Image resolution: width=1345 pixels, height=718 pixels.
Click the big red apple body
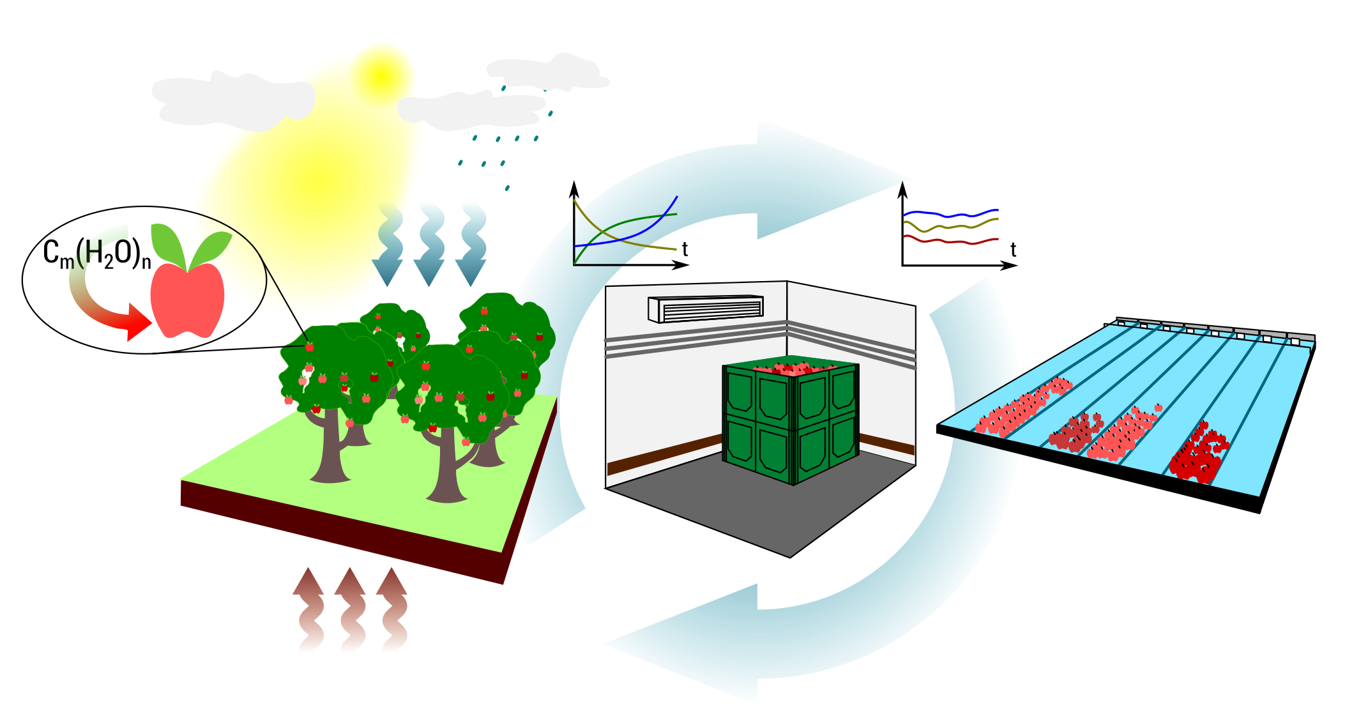tap(187, 300)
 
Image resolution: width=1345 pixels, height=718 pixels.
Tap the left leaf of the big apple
tap(168, 243)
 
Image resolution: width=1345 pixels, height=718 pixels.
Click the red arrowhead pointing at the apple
tap(138, 323)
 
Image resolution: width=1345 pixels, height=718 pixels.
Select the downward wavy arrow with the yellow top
tap(388, 246)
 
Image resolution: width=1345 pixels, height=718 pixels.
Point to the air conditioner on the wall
tap(706, 309)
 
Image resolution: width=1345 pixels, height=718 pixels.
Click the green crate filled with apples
tap(791, 422)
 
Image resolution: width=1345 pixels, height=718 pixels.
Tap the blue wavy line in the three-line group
tap(950, 213)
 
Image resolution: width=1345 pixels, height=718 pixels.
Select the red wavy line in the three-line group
tap(950, 241)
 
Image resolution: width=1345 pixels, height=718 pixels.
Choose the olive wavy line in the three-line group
tap(950, 226)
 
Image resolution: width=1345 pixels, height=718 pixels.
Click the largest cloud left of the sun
tap(230, 101)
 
